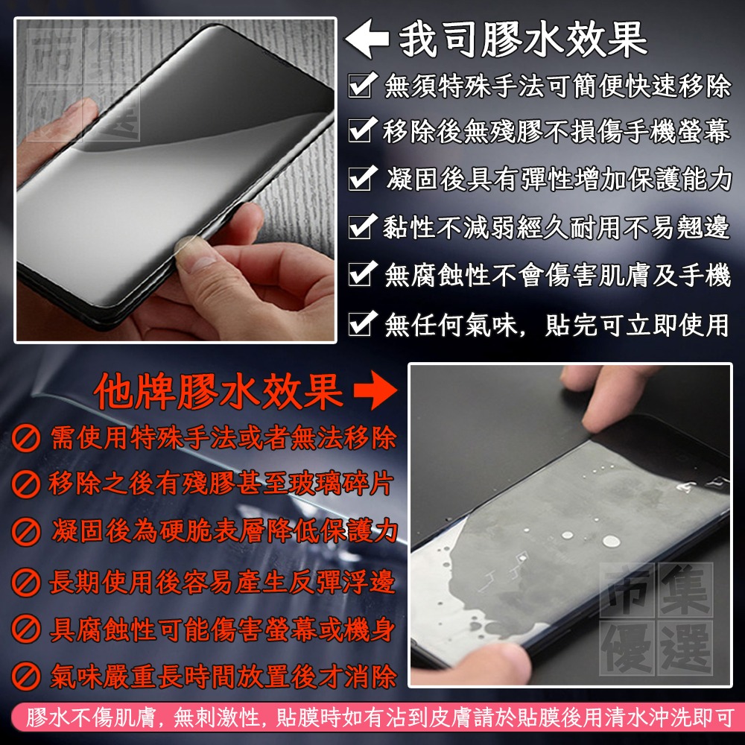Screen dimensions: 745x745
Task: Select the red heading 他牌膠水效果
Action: click(x=219, y=390)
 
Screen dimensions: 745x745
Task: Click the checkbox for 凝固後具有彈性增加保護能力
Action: click(x=361, y=180)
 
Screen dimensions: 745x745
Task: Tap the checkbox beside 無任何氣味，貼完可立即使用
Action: click(x=361, y=323)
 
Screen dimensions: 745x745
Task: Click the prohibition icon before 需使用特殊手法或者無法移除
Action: click(x=26, y=439)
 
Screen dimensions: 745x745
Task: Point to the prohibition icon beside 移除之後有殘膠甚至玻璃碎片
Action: click(x=26, y=486)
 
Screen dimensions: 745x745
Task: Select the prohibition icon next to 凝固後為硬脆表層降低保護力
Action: click(x=26, y=533)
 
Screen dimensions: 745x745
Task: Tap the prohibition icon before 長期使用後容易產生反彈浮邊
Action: click(x=26, y=582)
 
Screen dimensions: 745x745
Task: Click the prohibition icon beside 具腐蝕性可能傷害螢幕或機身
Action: click(x=26, y=630)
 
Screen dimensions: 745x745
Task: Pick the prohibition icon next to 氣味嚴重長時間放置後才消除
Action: click(x=26, y=677)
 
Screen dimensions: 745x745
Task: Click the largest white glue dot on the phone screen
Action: click(x=611, y=542)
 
